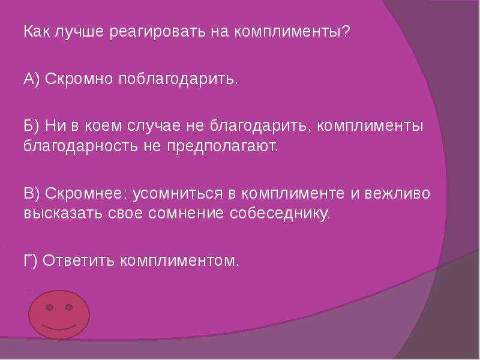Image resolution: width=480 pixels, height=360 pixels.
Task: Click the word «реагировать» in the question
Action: [158, 32]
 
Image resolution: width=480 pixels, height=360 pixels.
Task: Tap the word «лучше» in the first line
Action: [79, 32]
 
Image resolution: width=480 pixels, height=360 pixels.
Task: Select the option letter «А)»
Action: [32, 79]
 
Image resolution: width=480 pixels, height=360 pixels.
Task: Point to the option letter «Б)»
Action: [32, 126]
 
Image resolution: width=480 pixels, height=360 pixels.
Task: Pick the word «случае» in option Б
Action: [154, 126]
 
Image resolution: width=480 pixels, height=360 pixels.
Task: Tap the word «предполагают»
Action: [222, 146]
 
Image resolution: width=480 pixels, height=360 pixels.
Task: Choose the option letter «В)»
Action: [32, 193]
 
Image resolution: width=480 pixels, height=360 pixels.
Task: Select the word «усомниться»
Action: [178, 194]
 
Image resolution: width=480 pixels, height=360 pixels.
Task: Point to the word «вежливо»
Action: [397, 193]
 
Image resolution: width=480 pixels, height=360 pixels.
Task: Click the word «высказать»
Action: [63, 214]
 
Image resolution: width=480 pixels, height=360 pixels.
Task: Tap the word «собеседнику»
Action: [280, 213]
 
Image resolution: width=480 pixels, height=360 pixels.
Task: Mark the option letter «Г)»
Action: [31, 260]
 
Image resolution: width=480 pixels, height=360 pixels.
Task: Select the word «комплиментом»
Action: [179, 261]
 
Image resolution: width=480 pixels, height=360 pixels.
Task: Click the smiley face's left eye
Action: [49, 307]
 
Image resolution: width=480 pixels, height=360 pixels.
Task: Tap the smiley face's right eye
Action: [69, 307]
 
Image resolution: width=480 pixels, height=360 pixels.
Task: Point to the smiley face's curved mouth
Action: [58, 327]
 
